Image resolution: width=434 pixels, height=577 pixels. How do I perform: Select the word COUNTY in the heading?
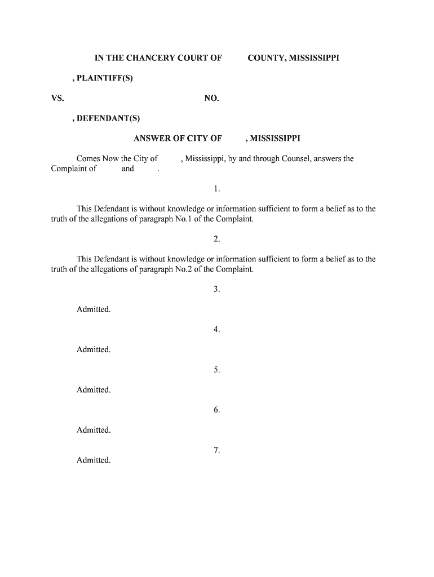click(x=267, y=57)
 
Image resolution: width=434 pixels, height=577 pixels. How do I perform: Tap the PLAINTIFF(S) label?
click(x=104, y=78)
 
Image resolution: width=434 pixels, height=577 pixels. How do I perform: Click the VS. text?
click(x=57, y=98)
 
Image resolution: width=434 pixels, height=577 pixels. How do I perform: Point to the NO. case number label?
click(x=211, y=98)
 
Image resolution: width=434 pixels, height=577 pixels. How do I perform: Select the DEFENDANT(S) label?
click(x=108, y=118)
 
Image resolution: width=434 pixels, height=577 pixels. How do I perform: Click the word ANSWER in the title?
click(x=151, y=138)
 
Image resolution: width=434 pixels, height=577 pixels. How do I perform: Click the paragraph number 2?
click(x=217, y=239)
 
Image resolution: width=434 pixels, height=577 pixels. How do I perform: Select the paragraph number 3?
click(x=217, y=289)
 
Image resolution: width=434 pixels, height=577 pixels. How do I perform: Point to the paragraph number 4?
click(x=217, y=330)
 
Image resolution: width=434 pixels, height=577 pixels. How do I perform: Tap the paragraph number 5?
click(x=217, y=370)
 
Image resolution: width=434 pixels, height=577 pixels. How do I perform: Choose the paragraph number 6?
click(x=217, y=410)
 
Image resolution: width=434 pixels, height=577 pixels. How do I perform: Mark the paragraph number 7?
click(x=217, y=450)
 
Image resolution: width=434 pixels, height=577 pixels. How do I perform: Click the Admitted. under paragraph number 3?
click(x=94, y=309)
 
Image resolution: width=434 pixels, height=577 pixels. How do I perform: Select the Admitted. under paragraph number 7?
click(x=94, y=460)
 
